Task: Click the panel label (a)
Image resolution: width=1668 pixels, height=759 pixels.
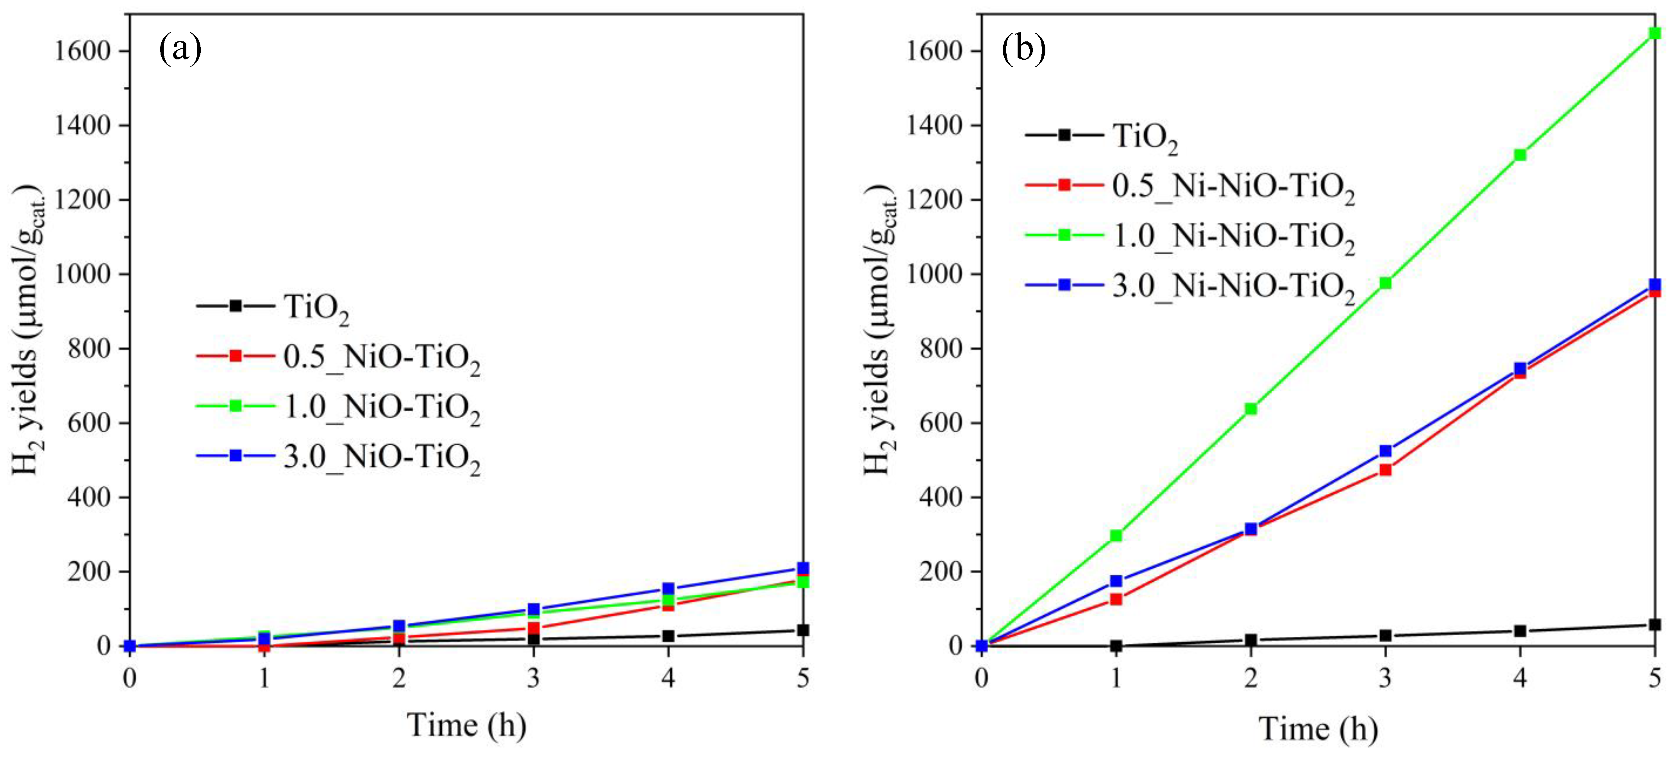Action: (x=180, y=49)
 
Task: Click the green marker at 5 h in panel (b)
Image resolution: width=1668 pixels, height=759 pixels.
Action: (x=1654, y=33)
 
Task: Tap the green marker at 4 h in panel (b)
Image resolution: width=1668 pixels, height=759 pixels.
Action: (x=1520, y=155)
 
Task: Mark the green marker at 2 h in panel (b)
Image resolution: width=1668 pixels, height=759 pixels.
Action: (x=1251, y=409)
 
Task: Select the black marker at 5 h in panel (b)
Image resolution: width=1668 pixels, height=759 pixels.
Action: (x=1654, y=624)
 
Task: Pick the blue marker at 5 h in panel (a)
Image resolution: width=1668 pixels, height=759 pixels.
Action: (x=803, y=568)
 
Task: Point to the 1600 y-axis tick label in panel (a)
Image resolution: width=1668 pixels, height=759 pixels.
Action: (x=83, y=51)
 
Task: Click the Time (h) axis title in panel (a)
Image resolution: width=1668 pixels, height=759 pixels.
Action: (x=466, y=724)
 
